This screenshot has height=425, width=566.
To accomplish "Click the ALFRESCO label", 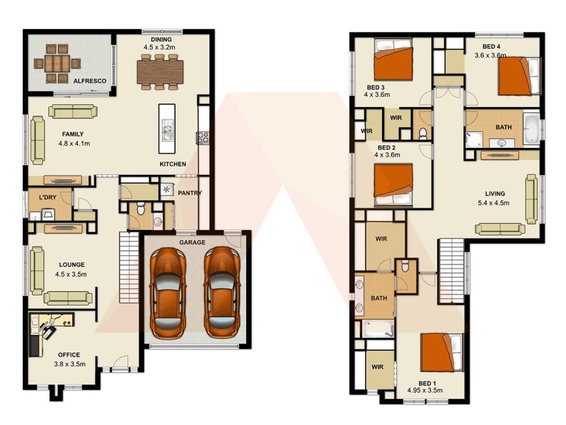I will pos(90,81).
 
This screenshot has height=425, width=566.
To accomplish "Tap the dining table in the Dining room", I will pos(160,70).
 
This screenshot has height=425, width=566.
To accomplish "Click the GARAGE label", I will pos(192,242).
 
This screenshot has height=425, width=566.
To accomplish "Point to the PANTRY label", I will pos(190,193).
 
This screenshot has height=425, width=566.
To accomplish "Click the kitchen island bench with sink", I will pos(167,130).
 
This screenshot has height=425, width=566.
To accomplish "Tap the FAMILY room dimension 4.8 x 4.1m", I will pos(74,143).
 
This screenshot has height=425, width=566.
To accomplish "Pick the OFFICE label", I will pos(69,355).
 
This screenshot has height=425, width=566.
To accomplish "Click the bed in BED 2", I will pos(393,183).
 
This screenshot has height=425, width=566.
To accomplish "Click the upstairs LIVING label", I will pos(495,193).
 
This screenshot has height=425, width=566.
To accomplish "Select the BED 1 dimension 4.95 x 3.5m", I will pos(424,390).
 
